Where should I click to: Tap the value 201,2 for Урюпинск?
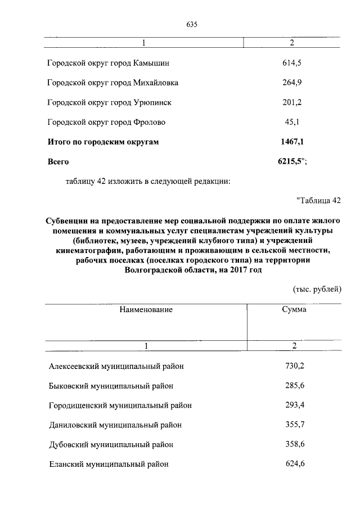pyautogui.click(x=292, y=102)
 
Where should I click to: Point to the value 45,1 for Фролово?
pyautogui.click(x=292, y=122)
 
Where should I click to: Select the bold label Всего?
pyautogui.click(x=59, y=161)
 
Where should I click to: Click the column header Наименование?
pyautogui.click(x=145, y=309)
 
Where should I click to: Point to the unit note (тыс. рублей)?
pyautogui.click(x=317, y=289)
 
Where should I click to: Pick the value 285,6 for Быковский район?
pyautogui.click(x=294, y=386)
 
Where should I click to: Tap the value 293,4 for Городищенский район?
pyautogui.click(x=294, y=405)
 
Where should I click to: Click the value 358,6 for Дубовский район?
pyautogui.click(x=294, y=444)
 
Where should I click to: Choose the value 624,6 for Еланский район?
pyautogui.click(x=294, y=464)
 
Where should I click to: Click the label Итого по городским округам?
pyautogui.click(x=103, y=142)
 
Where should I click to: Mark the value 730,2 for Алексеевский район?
pyautogui.click(x=294, y=366)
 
